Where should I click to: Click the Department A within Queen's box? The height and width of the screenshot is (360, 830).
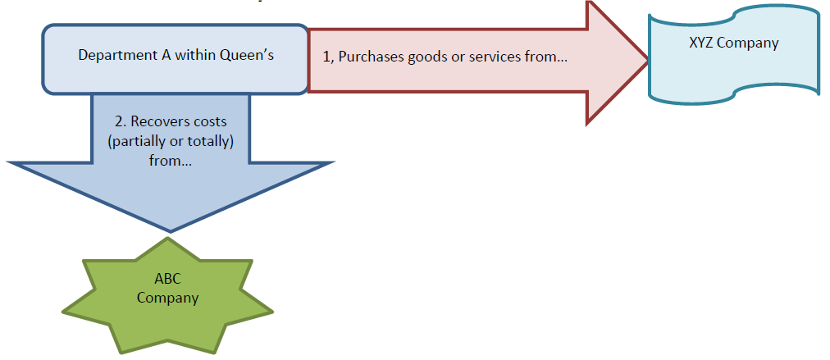tap(175, 57)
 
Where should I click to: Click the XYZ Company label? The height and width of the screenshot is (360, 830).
tap(733, 43)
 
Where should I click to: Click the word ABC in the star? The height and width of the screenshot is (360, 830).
tap(167, 280)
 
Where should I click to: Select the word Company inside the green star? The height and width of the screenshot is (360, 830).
tap(167, 298)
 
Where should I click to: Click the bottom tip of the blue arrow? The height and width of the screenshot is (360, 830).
tap(171, 230)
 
